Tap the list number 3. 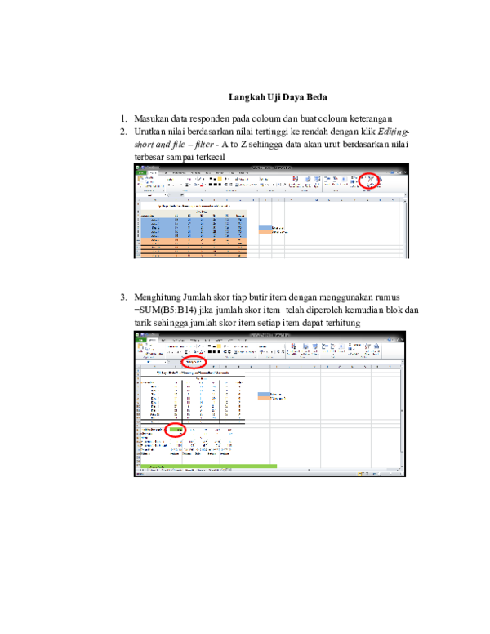123,297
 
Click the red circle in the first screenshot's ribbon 371,183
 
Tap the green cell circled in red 175,429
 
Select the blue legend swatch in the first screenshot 264,228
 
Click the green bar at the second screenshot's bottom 208,467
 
